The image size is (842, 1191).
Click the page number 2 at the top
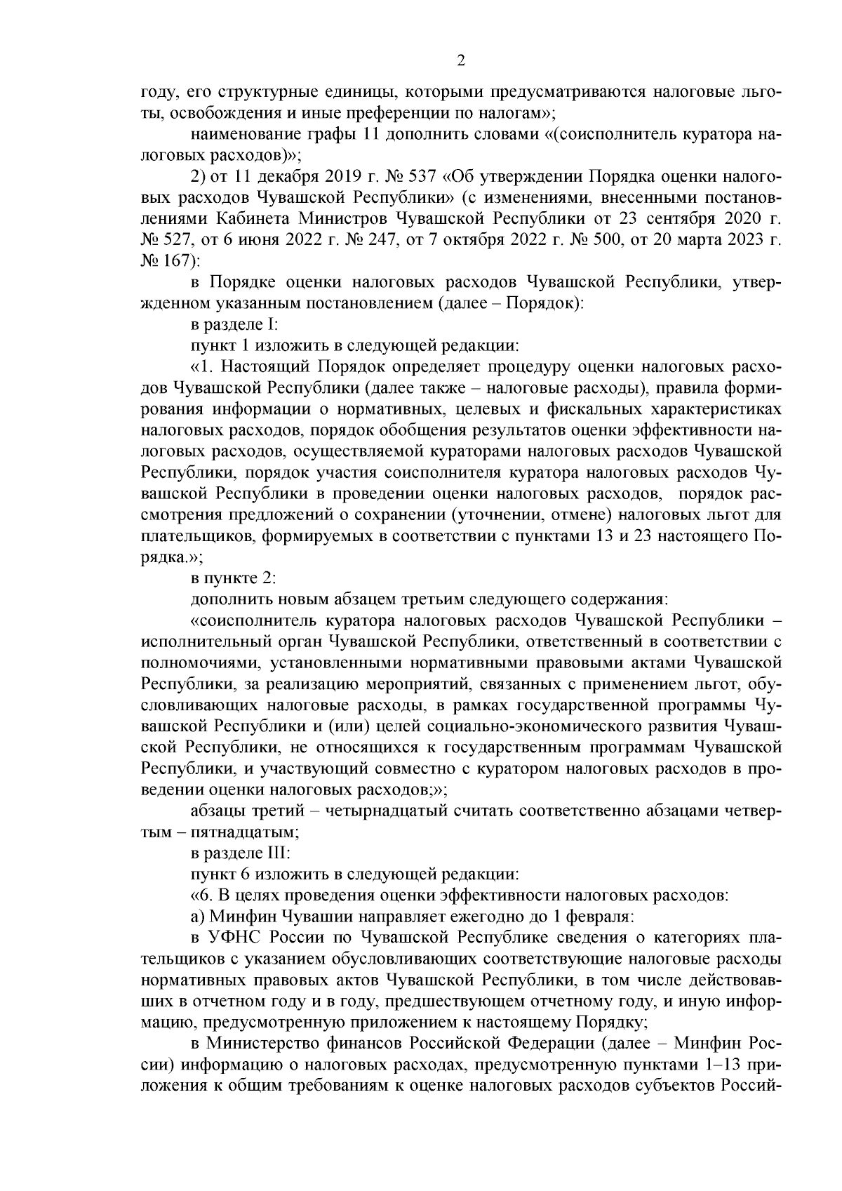pyautogui.click(x=461, y=61)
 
